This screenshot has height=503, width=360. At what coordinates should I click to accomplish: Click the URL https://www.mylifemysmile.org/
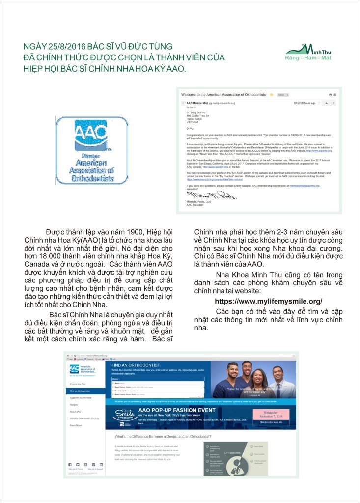269,301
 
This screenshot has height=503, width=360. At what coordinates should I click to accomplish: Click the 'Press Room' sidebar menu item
76,425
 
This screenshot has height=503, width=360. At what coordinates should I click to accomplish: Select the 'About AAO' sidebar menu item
75,412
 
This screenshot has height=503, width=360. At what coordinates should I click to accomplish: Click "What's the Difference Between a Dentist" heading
163,436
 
